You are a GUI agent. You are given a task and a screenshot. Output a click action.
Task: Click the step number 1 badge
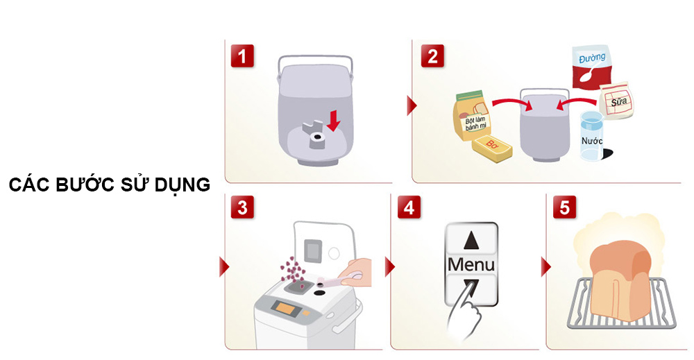click(x=242, y=56)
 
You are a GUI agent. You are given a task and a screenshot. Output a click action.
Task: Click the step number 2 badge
click(x=432, y=56)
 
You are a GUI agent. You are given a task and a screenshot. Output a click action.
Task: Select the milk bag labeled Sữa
click(x=615, y=102)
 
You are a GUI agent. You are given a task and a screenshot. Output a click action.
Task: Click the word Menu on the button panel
click(x=471, y=264)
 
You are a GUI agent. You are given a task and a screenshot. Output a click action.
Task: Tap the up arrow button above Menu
click(x=471, y=240)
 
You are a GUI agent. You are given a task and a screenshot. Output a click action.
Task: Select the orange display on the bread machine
click(x=285, y=307)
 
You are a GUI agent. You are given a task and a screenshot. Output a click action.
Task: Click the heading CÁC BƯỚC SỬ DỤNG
click(x=110, y=186)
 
